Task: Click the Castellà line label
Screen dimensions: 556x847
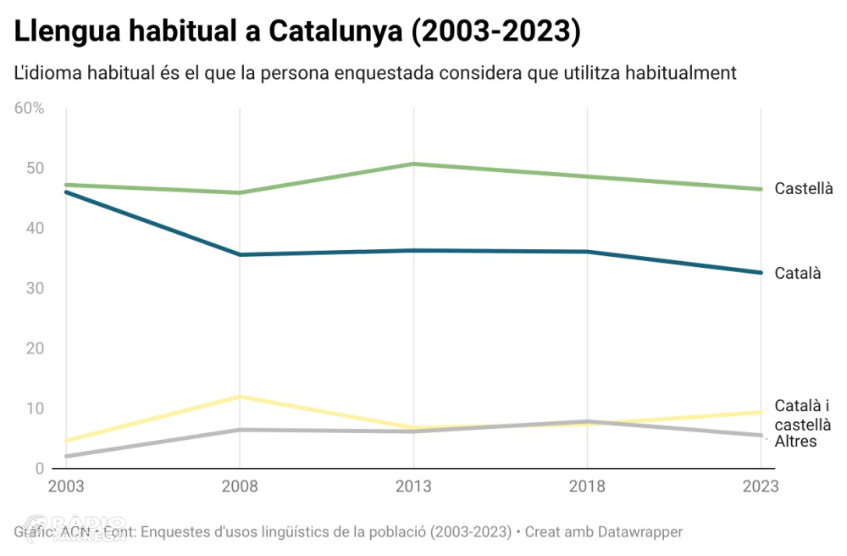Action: click(804, 189)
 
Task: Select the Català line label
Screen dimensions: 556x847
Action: click(798, 273)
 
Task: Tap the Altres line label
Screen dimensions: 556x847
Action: click(795, 441)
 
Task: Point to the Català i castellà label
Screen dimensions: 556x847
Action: click(802, 415)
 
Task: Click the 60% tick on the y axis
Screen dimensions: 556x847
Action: click(29, 108)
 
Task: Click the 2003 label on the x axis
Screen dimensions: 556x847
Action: click(65, 486)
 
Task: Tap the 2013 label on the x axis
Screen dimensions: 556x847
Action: click(413, 486)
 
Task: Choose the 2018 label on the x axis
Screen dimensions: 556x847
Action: click(587, 486)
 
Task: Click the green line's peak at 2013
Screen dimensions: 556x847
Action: click(413, 164)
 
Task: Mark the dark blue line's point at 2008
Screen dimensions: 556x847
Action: click(240, 254)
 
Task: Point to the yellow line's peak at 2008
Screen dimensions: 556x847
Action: click(240, 397)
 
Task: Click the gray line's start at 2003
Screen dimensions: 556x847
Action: click(66, 456)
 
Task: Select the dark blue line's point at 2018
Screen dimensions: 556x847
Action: click(587, 252)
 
